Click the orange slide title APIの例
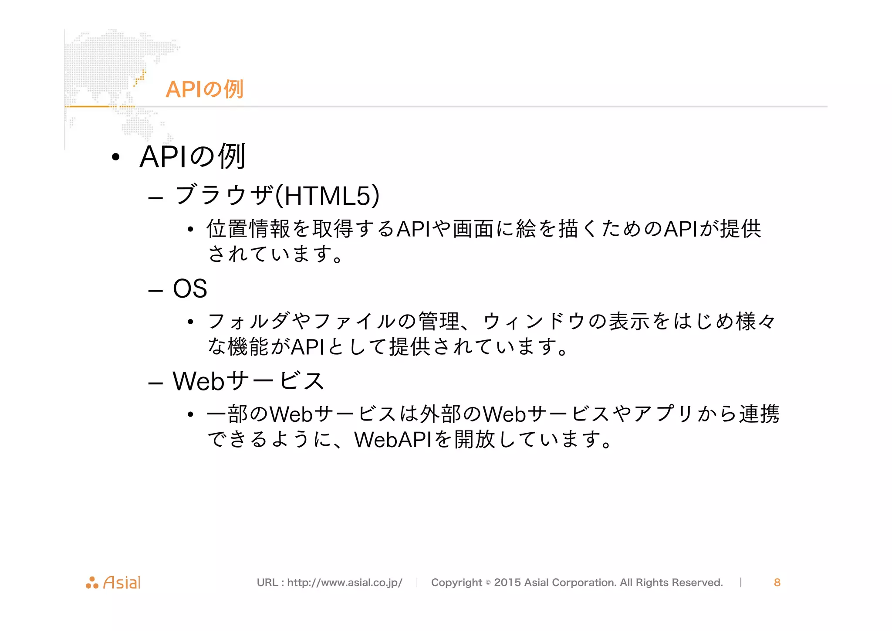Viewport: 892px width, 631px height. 204,89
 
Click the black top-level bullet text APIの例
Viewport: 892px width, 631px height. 193,156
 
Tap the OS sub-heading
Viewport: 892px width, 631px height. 190,288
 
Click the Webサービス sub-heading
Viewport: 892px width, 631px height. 248,381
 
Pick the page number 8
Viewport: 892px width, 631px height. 777,583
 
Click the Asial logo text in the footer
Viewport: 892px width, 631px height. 122,583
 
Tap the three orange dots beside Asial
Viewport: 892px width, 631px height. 92,583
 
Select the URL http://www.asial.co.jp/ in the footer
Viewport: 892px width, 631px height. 345,583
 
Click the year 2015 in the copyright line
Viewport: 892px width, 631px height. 507,583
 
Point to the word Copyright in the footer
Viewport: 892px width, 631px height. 456,583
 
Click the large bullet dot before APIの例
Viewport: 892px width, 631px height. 115,157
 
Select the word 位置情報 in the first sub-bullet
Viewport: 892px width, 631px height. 248,229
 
